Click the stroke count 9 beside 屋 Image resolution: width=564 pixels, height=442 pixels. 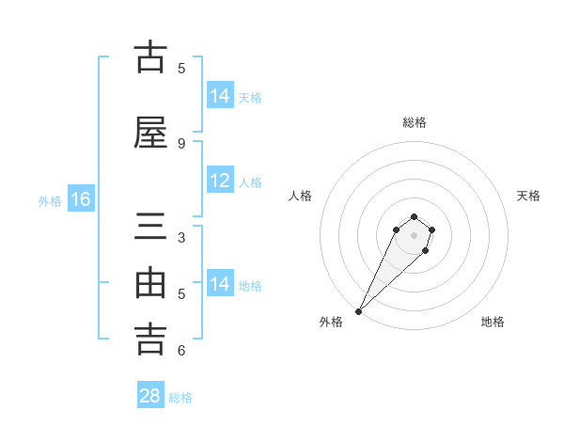pos(181,143)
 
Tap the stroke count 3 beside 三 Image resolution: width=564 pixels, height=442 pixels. pos(181,239)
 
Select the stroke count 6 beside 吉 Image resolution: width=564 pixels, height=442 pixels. pos(181,351)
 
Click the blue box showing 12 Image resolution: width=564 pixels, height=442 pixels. pos(220,182)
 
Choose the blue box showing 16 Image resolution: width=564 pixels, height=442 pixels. pos(81,199)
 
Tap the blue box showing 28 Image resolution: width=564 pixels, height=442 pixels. pos(150,396)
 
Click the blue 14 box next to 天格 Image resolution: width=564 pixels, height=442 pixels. pos(220,96)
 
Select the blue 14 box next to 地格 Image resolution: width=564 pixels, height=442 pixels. pos(220,285)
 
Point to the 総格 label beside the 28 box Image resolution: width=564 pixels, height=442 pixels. pos(180,398)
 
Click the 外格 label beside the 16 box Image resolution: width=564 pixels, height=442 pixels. pos(50,201)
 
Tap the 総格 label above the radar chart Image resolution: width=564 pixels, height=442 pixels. pos(415,122)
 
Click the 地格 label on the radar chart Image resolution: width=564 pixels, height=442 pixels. pos(493,322)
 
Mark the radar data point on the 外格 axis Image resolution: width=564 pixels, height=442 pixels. pos(358,310)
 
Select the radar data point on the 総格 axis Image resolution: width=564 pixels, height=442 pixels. pos(415,215)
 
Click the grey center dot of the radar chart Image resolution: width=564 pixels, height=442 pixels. pos(415,235)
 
